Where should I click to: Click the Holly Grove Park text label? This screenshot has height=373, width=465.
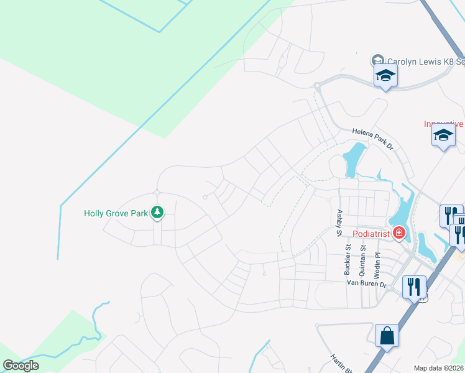tap(116, 213)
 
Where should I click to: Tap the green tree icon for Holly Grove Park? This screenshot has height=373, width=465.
tap(158, 213)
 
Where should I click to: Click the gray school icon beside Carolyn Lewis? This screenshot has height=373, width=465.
tap(377, 60)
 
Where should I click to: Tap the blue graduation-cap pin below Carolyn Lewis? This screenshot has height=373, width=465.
tap(385, 76)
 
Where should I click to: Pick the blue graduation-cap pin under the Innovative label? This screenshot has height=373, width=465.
tap(443, 136)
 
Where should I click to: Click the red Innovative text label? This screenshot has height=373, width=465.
tap(444, 124)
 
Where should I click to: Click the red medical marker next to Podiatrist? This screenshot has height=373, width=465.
tap(398, 234)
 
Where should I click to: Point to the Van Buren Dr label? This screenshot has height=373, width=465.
tap(367, 283)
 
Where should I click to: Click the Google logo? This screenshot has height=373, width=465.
tap(21, 366)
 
